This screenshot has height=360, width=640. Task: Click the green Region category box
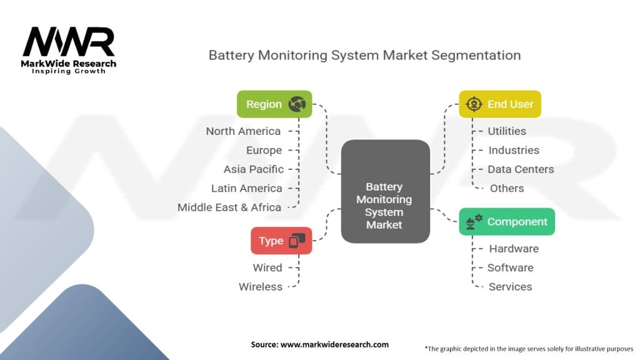click(274, 104)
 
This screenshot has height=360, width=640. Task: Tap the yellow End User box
click(500, 104)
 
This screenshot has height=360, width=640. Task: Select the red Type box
click(281, 241)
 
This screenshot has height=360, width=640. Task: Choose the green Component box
click(507, 222)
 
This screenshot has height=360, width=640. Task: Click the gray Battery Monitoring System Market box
click(385, 191)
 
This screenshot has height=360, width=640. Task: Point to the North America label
click(243, 131)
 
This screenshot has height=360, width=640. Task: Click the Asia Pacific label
click(254, 169)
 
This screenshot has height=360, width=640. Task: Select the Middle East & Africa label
click(229, 207)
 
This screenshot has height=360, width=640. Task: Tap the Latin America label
click(246, 188)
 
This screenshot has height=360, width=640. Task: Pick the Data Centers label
click(521, 169)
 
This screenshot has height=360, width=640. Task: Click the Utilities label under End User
click(507, 131)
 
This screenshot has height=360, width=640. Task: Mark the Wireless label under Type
click(261, 286)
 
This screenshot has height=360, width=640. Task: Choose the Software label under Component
click(510, 267)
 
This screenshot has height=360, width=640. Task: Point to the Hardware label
click(514, 249)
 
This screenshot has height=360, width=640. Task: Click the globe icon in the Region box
click(297, 104)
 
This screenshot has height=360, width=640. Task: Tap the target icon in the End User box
click(474, 104)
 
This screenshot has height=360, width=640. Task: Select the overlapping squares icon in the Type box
click(297, 241)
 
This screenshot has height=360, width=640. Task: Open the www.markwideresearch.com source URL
click(335, 344)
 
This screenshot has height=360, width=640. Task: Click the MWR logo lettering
click(69, 42)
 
